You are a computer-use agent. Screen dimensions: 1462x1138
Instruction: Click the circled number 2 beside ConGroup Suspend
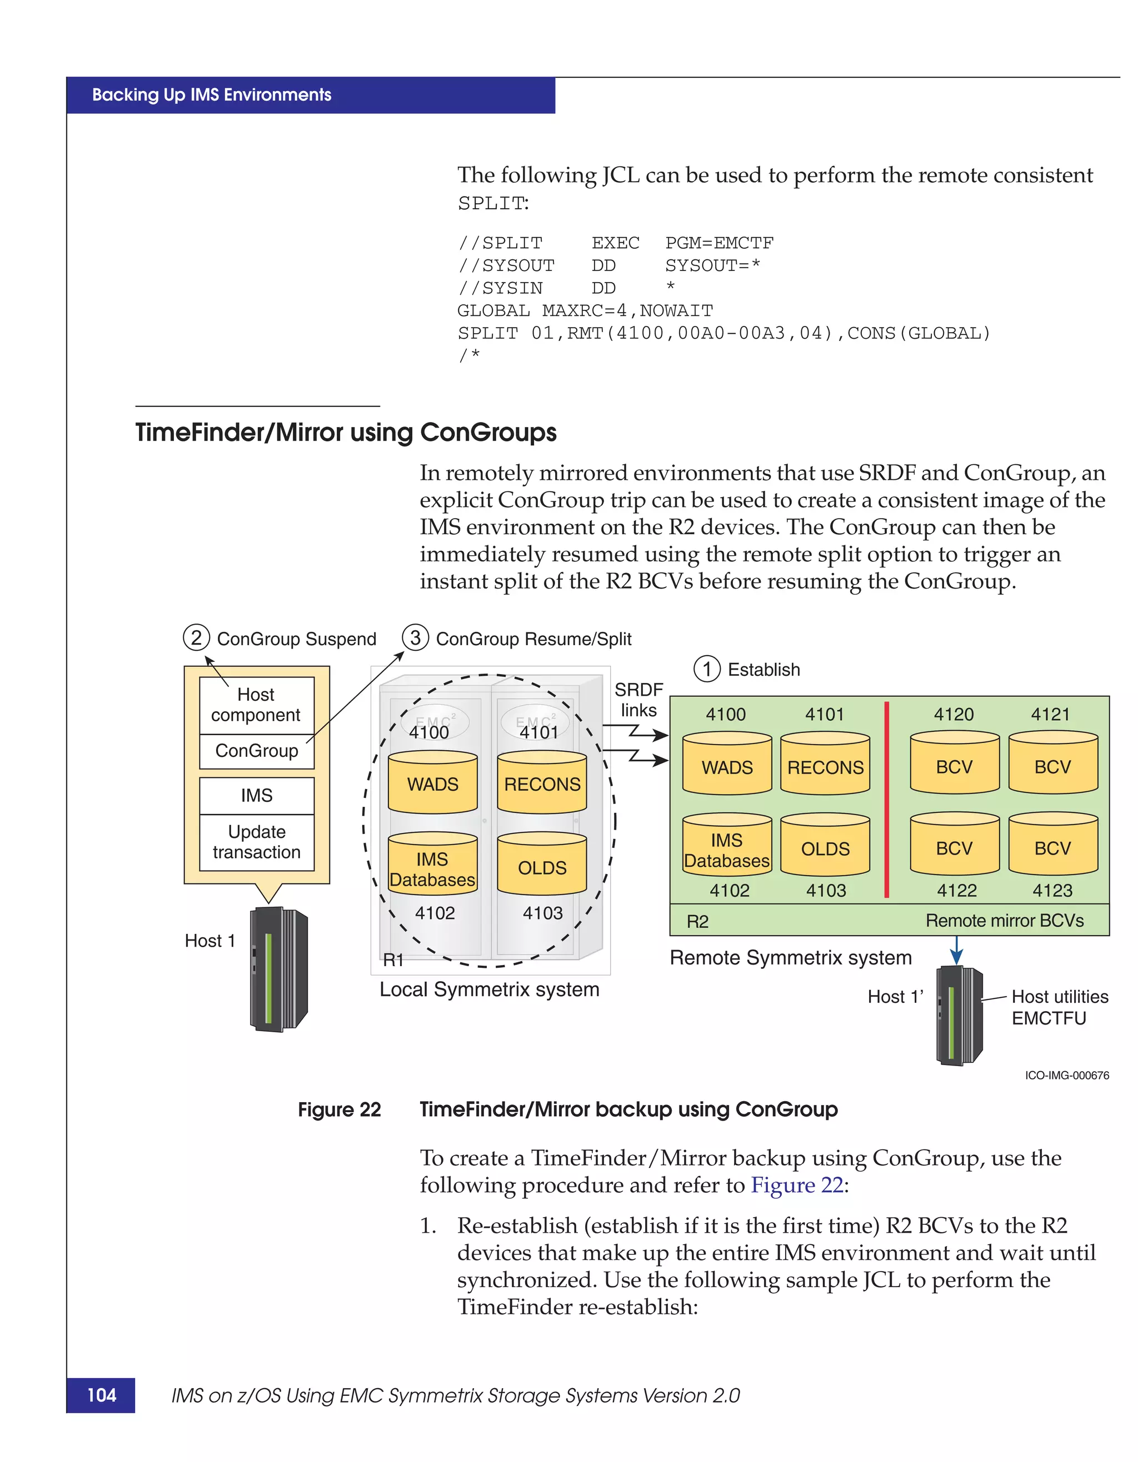[196, 637]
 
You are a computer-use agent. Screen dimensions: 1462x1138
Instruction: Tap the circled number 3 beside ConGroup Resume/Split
[415, 637]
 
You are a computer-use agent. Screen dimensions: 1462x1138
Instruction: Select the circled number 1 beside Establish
[707, 669]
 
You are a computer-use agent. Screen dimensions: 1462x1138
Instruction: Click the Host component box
[257, 705]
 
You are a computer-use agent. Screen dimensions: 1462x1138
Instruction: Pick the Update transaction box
[257, 842]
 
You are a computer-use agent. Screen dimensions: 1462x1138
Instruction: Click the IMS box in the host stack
[257, 795]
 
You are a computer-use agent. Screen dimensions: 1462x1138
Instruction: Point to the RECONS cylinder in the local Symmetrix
[542, 783]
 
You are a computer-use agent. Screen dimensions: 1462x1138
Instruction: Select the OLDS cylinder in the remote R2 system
[825, 846]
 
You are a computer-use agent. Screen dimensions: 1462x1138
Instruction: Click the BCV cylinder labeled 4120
[955, 765]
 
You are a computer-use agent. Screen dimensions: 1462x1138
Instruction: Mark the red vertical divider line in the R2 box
[887, 800]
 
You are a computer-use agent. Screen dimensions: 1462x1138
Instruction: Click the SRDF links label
[638, 700]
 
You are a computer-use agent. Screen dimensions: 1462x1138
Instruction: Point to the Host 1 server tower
[278, 969]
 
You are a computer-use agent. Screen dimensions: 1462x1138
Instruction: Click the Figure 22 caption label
[339, 1109]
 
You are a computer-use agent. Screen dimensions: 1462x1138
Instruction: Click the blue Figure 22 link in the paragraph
[796, 1185]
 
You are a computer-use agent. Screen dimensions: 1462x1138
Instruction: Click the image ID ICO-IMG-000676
[1066, 1076]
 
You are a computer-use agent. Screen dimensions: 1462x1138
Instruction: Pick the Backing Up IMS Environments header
[212, 95]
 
